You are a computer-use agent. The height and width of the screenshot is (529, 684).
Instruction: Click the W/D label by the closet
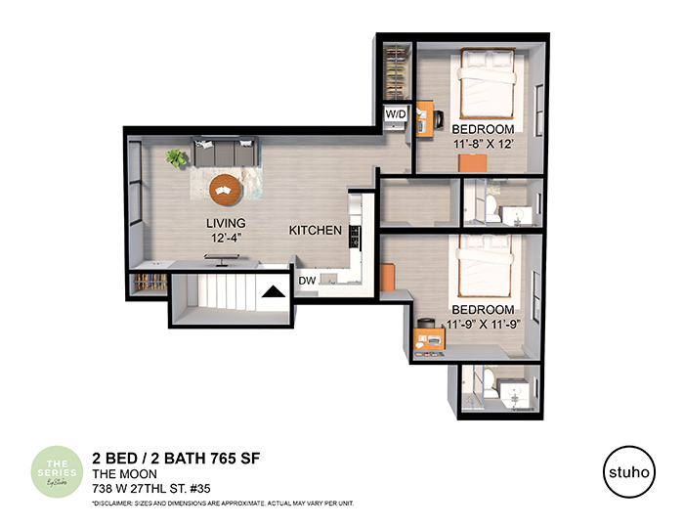point(396,114)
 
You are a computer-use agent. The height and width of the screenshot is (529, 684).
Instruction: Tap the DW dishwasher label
point(307,281)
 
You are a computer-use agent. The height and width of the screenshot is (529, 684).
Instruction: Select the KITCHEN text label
point(315,231)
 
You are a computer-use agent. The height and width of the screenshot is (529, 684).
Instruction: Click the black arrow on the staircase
point(273,289)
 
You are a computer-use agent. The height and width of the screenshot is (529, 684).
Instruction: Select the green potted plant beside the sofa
point(176,156)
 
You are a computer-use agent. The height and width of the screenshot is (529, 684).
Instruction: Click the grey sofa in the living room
point(228,154)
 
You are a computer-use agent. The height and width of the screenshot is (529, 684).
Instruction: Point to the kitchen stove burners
point(355,236)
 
